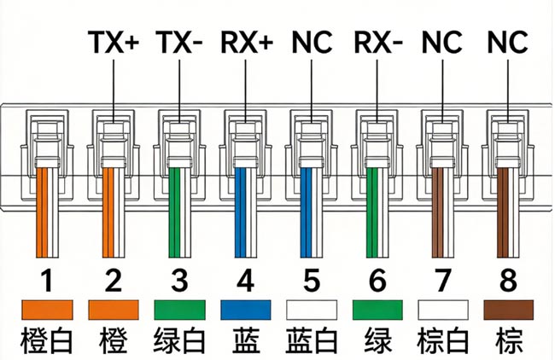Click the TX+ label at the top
coord(114,41)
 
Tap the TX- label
coord(178,41)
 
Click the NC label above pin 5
coord(311,41)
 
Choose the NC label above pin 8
coord(505,41)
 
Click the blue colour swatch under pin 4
coord(243,310)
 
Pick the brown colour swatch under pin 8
coord(504,310)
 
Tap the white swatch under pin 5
coord(309,310)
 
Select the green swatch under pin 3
coord(178,310)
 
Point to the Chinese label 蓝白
coord(309,340)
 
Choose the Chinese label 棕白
coord(439,340)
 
